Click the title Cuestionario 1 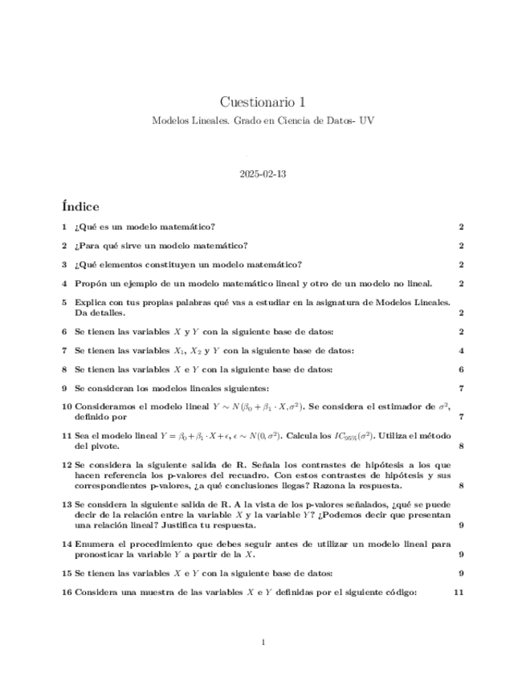pos(263,102)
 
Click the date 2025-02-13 pos(263,173)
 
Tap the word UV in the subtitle pos(367,120)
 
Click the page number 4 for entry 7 pos(461,350)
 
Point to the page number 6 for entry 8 pos(461,369)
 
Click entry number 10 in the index pos(67,407)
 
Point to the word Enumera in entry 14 pos(94,544)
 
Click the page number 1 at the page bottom pos(263,642)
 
